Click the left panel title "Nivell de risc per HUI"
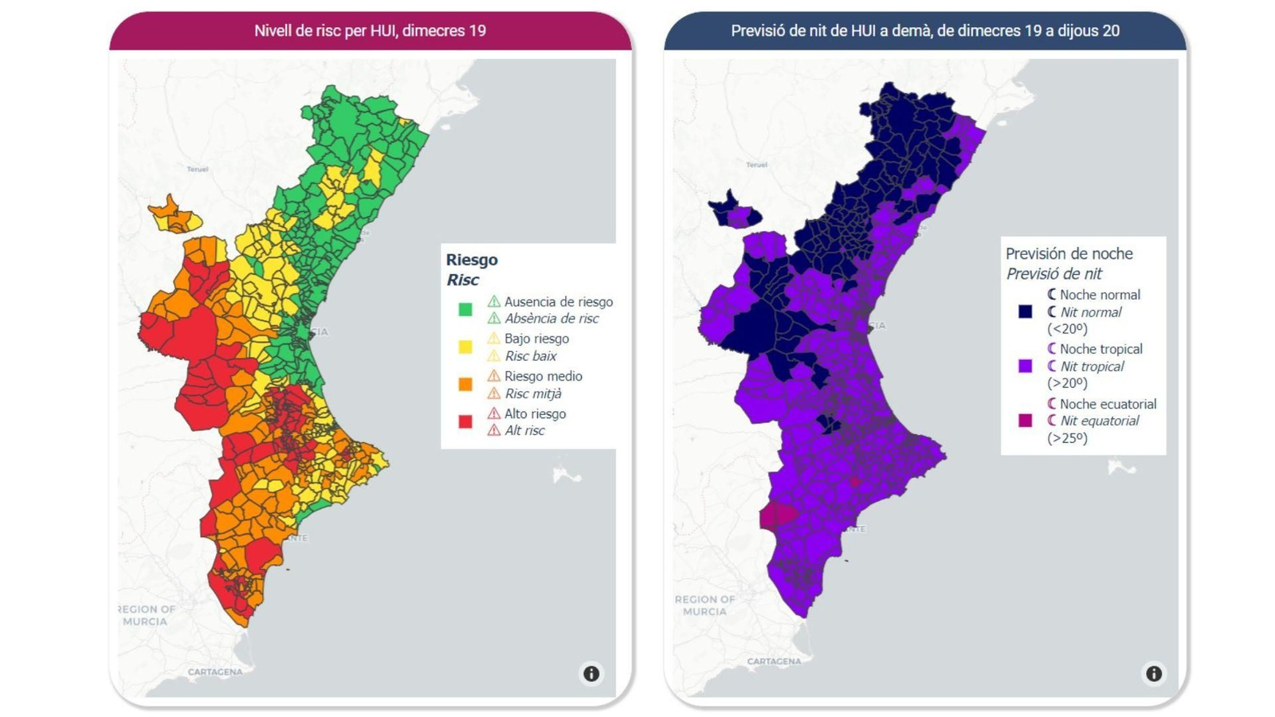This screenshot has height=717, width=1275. click(x=370, y=31)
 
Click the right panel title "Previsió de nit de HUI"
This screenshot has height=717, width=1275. click(x=924, y=31)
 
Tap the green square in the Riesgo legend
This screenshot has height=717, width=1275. click(x=465, y=309)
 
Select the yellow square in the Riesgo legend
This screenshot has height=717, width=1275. click(x=465, y=347)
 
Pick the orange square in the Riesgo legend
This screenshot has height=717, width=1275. click(x=465, y=384)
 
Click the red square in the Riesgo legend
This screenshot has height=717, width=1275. click(x=465, y=421)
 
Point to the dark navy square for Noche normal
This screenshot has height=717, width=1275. click(x=1025, y=311)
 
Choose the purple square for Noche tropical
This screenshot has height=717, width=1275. click(x=1025, y=366)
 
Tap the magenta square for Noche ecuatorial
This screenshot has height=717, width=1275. click(x=1025, y=421)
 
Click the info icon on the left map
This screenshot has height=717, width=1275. click(x=591, y=674)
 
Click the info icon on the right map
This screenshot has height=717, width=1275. click(x=1153, y=674)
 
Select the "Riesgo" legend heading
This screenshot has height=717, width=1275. click(x=472, y=260)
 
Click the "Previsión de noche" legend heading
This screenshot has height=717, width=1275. click(x=1069, y=254)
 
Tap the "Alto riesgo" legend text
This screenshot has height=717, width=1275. click(x=535, y=413)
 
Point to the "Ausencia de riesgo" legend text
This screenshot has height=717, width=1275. click(x=558, y=302)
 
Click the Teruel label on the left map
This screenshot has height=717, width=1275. click(x=198, y=169)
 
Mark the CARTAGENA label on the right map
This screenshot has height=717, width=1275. click(x=774, y=661)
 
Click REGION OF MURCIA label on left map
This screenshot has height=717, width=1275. click(x=147, y=615)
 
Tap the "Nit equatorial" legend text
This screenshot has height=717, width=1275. click(x=1099, y=421)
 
